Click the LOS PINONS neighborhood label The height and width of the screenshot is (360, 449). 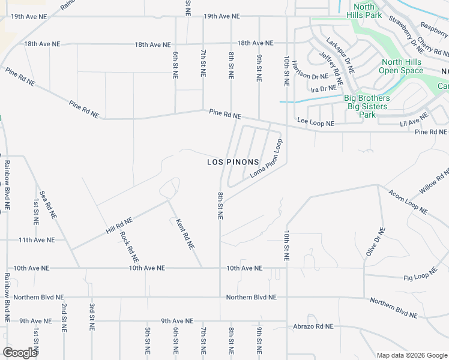pos(233,162)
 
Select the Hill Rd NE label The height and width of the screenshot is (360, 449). pos(119,226)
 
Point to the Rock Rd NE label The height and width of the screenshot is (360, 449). pos(129,247)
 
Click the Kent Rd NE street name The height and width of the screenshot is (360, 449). pos(185,233)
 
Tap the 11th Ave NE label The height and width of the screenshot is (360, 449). pos(36,239)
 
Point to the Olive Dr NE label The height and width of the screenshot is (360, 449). pos(375,242)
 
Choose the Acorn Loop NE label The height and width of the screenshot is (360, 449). pos(408,203)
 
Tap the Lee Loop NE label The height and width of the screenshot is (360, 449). pos(316,123)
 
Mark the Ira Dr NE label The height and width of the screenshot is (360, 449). pos(324,89)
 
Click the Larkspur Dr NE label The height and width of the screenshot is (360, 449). pos(340,56)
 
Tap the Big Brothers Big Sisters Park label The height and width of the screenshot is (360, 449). pos(367,106)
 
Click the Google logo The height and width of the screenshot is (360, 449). pos(20,353)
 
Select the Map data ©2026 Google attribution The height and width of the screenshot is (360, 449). pos(412,355)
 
